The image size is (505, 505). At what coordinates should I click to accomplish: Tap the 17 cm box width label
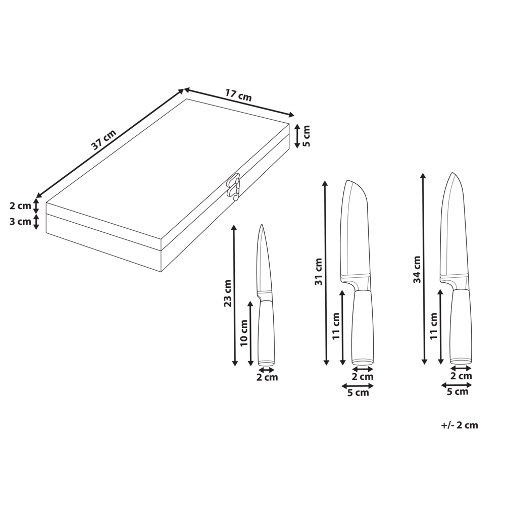click(238, 95)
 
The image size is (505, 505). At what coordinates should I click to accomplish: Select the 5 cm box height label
click(307, 136)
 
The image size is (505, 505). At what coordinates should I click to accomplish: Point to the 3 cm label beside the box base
click(20, 221)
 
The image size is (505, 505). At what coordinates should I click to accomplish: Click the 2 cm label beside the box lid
click(20, 206)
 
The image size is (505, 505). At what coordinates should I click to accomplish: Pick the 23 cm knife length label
click(228, 293)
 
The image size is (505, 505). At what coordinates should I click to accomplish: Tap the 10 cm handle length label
click(244, 333)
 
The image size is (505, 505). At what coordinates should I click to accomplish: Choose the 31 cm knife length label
click(319, 272)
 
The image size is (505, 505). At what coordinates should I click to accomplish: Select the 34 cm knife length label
click(417, 270)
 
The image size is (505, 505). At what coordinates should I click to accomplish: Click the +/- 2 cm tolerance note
click(459, 425)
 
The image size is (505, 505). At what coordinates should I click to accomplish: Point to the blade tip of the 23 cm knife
click(262, 226)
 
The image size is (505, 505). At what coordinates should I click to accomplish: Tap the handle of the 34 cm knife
click(461, 326)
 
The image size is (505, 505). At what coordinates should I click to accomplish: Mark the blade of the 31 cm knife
click(356, 232)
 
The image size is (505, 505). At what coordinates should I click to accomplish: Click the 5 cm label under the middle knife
click(358, 393)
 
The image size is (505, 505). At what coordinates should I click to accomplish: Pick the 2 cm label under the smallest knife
click(267, 377)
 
